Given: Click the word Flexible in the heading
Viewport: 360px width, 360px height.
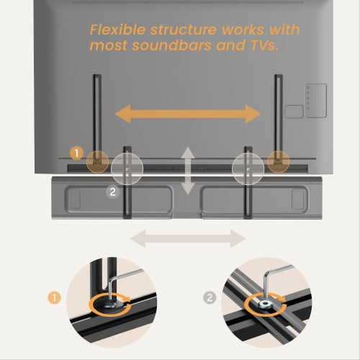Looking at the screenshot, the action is (x=117, y=30).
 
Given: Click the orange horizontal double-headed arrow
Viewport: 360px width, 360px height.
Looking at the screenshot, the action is (x=188, y=114).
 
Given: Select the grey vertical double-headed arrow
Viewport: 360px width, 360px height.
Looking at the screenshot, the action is (x=188, y=171).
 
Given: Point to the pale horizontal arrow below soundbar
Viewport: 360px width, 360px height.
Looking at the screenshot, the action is (x=188, y=238).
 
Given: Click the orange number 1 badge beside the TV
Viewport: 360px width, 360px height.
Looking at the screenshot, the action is (x=76, y=153).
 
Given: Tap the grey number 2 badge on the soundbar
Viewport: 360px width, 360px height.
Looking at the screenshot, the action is (x=112, y=192).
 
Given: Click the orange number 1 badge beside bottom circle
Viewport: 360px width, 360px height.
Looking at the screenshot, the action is (x=54, y=298).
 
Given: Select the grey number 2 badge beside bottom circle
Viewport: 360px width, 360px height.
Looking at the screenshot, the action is (x=210, y=298).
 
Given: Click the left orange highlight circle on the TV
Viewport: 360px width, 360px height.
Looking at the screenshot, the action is (x=98, y=162).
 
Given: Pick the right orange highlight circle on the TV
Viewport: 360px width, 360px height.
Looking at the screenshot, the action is (x=279, y=162).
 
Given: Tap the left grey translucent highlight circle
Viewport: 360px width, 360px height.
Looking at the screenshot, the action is (x=127, y=168).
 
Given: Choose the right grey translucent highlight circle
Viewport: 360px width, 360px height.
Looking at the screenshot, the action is (x=248, y=168).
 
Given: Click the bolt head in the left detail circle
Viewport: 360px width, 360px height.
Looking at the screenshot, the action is (x=110, y=305).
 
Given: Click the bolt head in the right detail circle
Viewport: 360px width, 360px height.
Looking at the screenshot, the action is (x=265, y=305).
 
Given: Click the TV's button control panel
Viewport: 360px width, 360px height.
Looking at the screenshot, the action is (x=316, y=101).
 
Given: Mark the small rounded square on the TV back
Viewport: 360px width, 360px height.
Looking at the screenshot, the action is (x=294, y=112).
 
